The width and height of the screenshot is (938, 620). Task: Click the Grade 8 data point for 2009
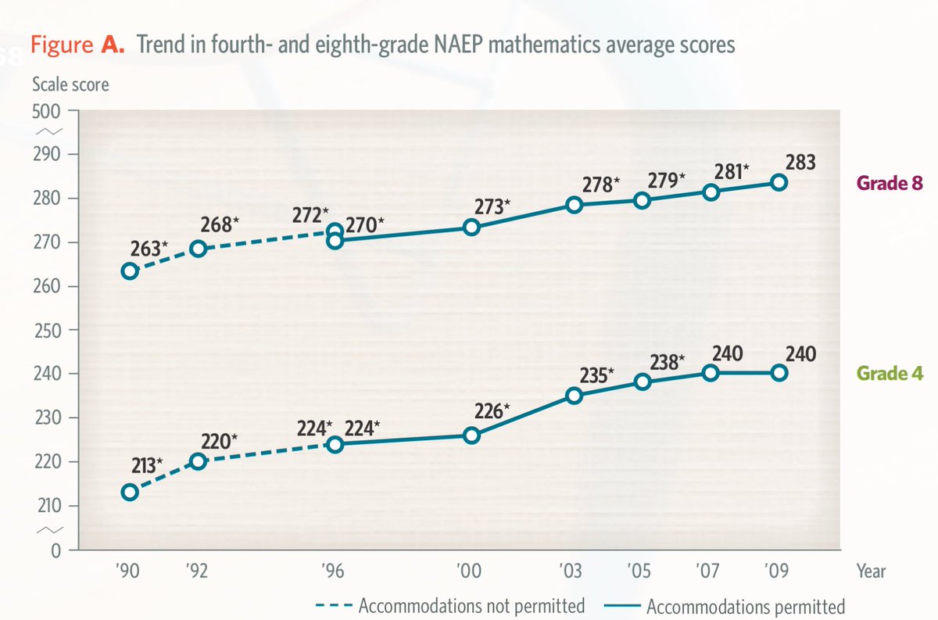(x=779, y=182)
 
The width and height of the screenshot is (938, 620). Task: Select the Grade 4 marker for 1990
(x=130, y=492)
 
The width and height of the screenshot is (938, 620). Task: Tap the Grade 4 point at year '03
(x=575, y=395)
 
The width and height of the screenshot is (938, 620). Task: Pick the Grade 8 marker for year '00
(x=471, y=227)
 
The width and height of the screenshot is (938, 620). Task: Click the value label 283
(x=801, y=163)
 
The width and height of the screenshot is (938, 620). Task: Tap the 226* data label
(x=491, y=408)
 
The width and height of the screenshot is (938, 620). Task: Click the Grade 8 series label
(x=891, y=184)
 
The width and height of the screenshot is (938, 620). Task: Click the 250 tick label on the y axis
(x=50, y=329)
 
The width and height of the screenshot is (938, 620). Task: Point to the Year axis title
(x=870, y=571)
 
